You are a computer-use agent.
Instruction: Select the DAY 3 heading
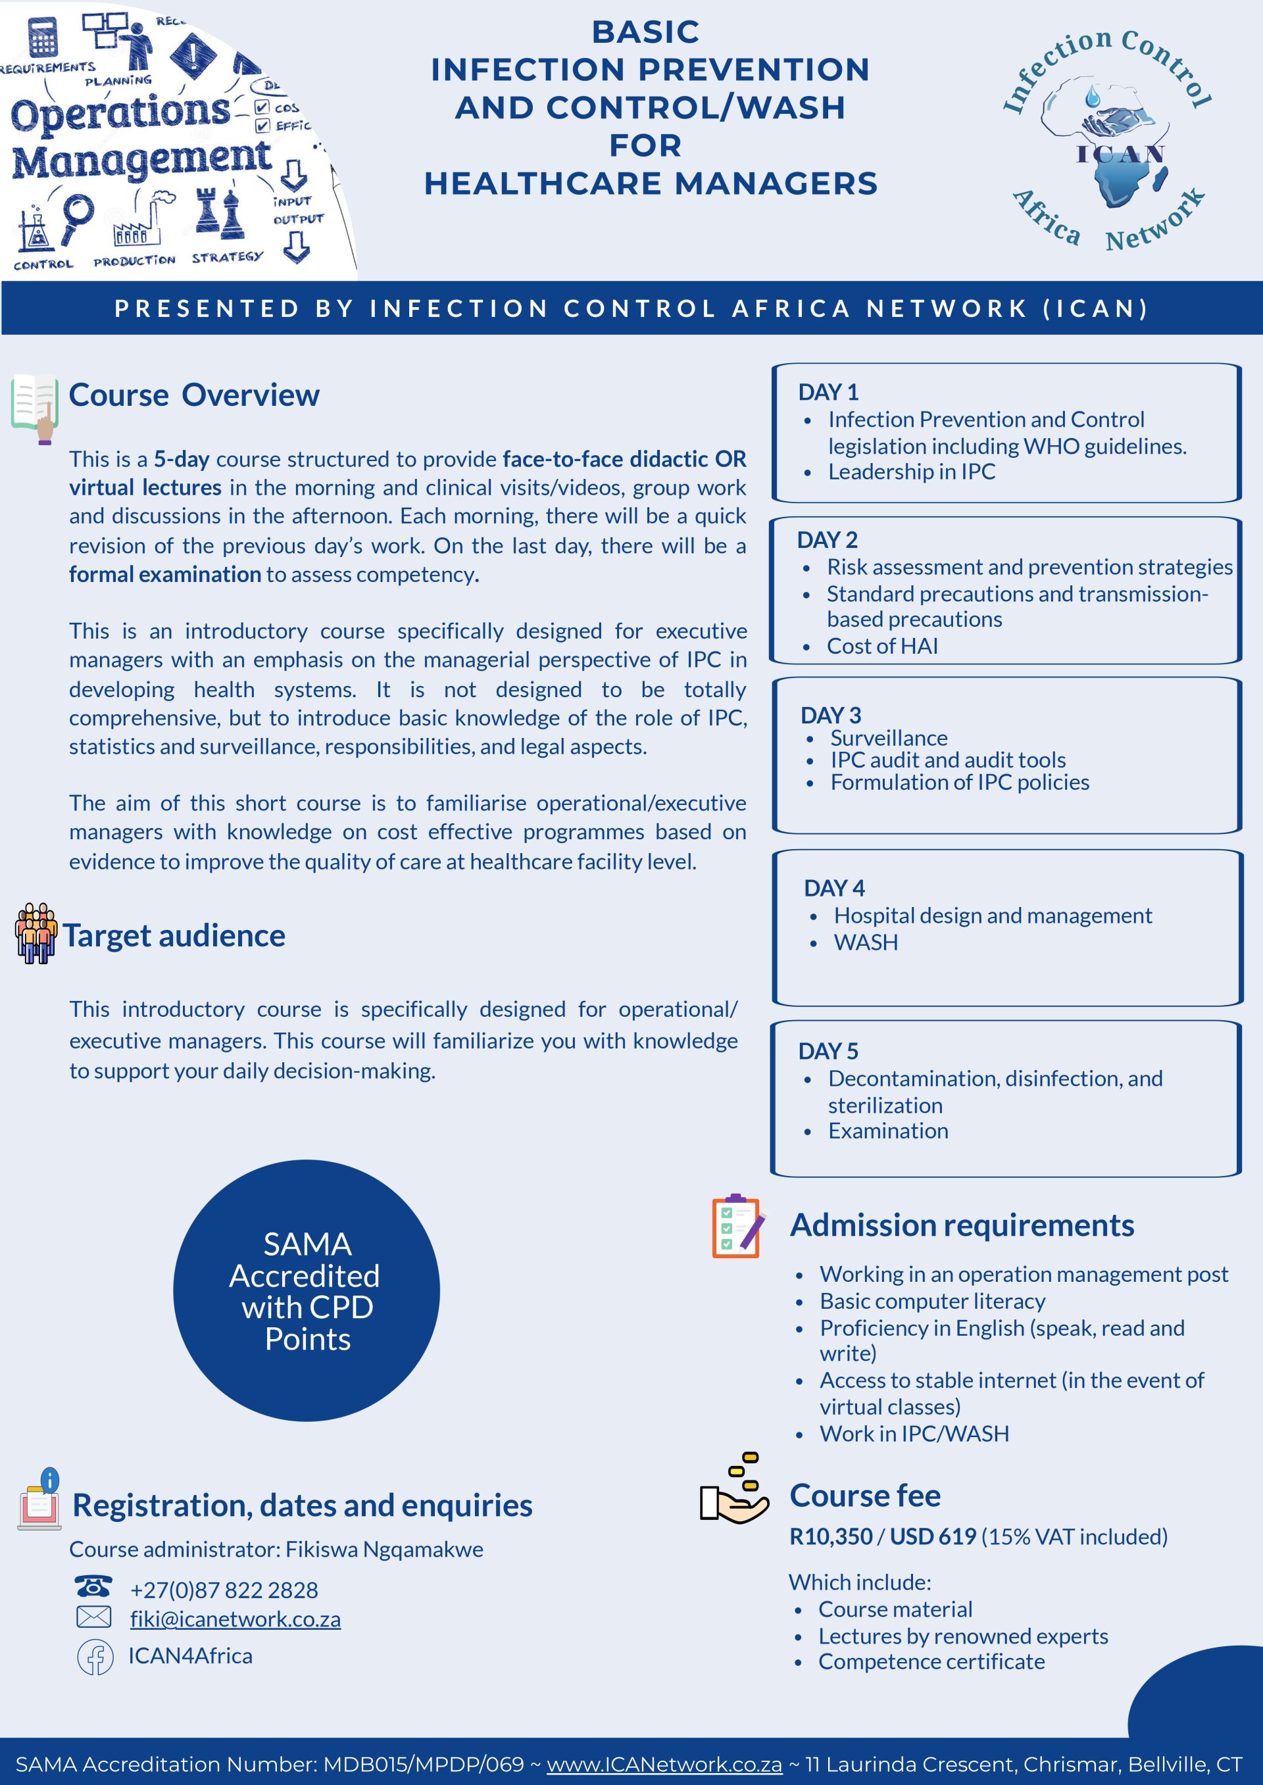click(x=831, y=714)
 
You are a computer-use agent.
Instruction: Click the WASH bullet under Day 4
click(x=866, y=942)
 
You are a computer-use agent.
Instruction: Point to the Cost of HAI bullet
click(x=882, y=646)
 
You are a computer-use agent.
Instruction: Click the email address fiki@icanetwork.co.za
click(x=235, y=1619)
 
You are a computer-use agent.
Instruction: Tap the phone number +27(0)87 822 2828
click(x=224, y=1590)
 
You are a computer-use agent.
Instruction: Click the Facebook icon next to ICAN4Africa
click(x=95, y=1656)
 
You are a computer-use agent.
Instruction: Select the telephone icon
click(x=93, y=1586)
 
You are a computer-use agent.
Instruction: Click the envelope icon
click(x=94, y=1617)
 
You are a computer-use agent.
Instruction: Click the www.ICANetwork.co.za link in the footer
click(x=664, y=1764)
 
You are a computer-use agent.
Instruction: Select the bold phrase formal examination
click(x=165, y=575)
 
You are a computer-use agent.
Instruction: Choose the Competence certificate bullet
click(x=931, y=1661)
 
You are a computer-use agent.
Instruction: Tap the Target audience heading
click(x=174, y=935)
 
